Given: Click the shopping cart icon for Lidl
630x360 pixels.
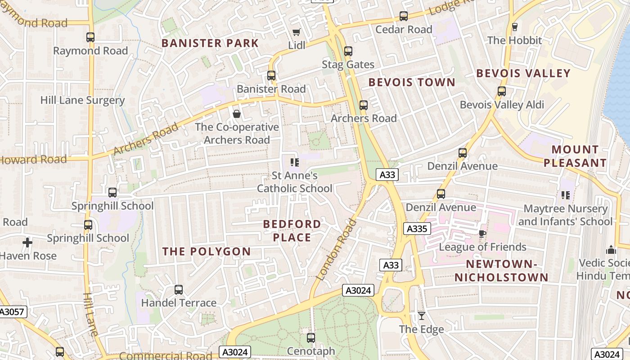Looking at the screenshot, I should click(296, 32).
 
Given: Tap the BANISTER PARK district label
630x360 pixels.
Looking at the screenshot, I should click(210, 43).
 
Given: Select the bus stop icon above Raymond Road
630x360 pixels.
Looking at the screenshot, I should click(90, 37).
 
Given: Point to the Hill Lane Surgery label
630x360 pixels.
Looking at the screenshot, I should click(82, 100).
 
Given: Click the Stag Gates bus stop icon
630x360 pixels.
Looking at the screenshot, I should click(348, 51).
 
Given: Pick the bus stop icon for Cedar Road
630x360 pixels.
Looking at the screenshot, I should click(404, 16).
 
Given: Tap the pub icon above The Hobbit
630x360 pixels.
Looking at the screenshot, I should click(515, 27).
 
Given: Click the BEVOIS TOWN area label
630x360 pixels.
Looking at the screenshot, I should click(412, 82).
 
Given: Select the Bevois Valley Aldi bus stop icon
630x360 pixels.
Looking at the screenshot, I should click(502, 91).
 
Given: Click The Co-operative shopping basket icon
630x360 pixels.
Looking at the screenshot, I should click(237, 114).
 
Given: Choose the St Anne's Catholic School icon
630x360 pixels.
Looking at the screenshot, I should click(295, 162).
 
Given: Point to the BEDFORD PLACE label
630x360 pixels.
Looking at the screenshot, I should click(292, 230).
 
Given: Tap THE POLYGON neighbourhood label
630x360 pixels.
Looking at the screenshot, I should click(207, 252).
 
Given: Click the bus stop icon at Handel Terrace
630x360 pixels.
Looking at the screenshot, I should click(179, 290).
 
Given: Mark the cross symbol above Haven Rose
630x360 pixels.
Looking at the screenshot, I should click(27, 243).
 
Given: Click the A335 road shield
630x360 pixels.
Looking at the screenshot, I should click(416, 229).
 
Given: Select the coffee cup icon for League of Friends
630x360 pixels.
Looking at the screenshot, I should click(482, 233).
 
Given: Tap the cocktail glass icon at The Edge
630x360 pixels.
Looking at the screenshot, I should click(422, 316).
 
